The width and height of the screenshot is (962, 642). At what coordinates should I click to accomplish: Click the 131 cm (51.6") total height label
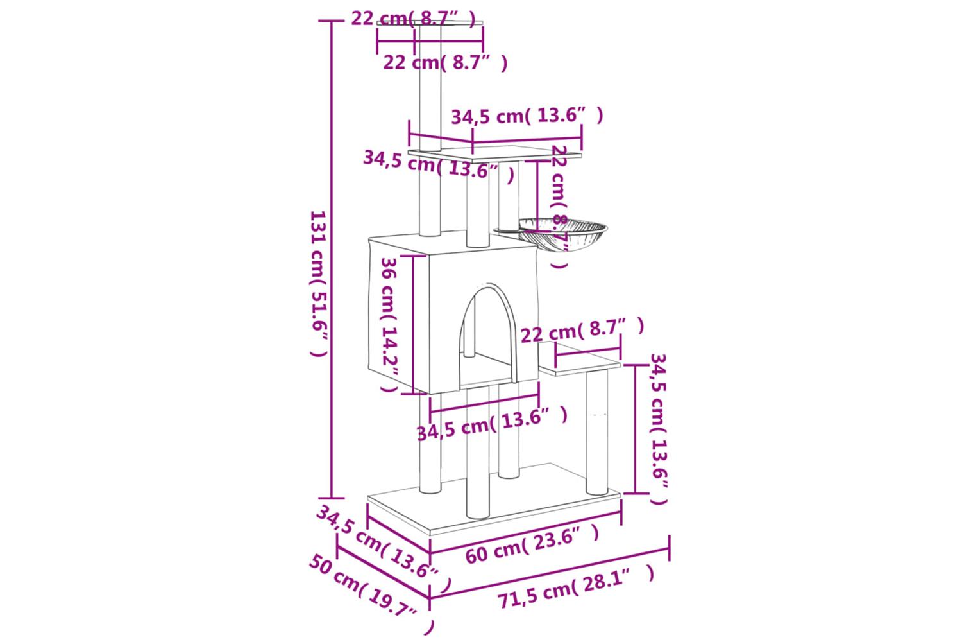(319, 284)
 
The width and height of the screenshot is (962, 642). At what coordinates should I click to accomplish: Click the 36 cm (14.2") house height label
(389, 325)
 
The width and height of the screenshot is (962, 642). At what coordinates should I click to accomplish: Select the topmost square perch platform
(430, 23)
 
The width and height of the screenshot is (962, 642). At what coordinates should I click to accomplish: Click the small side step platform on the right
(580, 360)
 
